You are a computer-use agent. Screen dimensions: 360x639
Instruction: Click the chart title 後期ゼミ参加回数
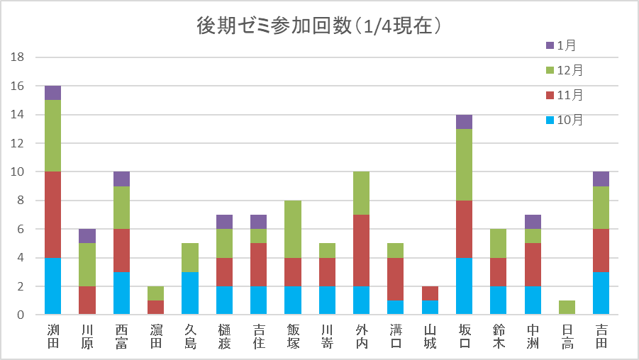click(319, 26)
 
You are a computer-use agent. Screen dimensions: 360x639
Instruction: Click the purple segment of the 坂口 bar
click(465, 122)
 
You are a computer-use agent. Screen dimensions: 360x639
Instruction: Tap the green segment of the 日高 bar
click(567, 308)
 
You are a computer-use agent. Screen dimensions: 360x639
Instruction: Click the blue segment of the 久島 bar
click(190, 293)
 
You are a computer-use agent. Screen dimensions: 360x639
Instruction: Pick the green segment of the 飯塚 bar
click(293, 229)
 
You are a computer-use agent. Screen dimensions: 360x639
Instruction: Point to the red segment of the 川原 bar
click(87, 300)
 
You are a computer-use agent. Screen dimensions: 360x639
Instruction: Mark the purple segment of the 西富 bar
click(121, 179)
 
